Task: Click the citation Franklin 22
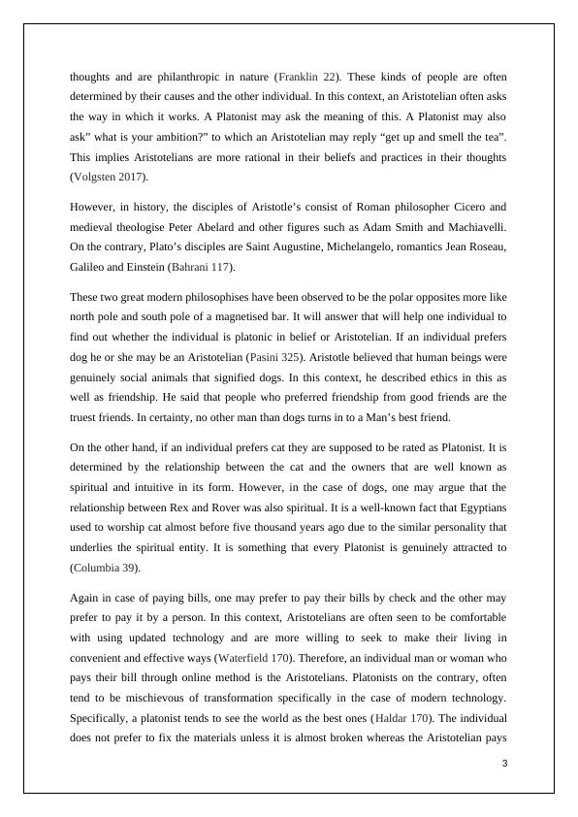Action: click(308, 76)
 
